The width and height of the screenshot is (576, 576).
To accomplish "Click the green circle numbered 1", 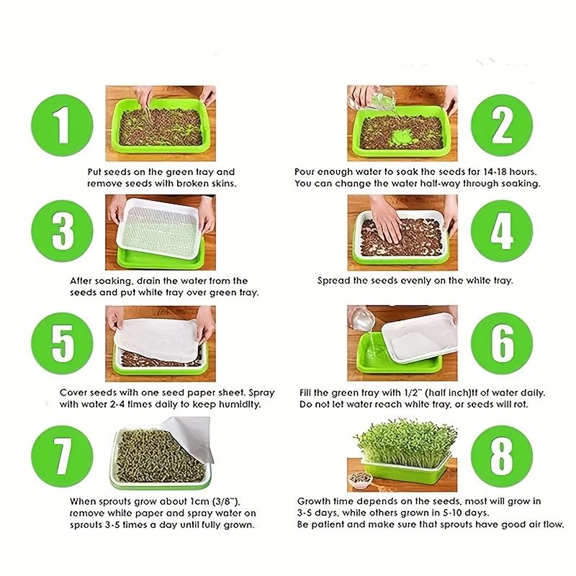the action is pos(62,125).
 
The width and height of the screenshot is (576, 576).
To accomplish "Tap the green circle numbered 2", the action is pos(502,125).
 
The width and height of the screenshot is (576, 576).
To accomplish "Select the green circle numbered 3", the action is pos(62,231).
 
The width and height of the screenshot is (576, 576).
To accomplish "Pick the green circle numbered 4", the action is pos(502,231).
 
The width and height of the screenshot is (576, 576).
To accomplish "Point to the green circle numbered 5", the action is pos(62,343).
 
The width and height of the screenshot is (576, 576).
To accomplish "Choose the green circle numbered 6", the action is pos(502,343).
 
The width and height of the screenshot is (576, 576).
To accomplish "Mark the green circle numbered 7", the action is pos(62,456).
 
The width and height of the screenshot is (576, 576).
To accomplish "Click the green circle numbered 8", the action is pos(502,456).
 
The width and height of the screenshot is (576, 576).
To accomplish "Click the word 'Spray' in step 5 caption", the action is pos(261,393).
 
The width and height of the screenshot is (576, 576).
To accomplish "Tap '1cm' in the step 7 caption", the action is pos(200,502).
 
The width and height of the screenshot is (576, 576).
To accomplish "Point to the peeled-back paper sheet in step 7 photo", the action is pos(190,438).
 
